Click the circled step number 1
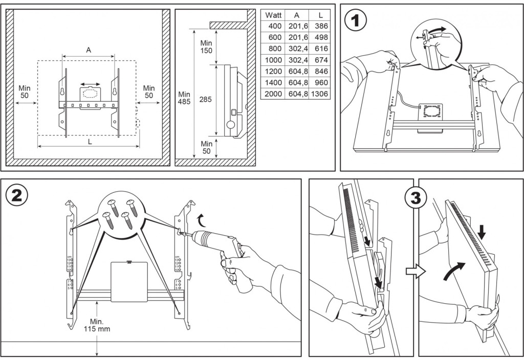[x=357, y=23]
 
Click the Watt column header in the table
[x=274, y=15]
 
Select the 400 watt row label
[x=274, y=26]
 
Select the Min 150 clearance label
[x=206, y=46]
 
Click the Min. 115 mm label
[x=97, y=325]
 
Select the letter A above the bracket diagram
[x=89, y=50]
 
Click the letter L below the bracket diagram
[x=90, y=142]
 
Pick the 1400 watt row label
[x=274, y=83]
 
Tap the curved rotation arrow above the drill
[x=203, y=220]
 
